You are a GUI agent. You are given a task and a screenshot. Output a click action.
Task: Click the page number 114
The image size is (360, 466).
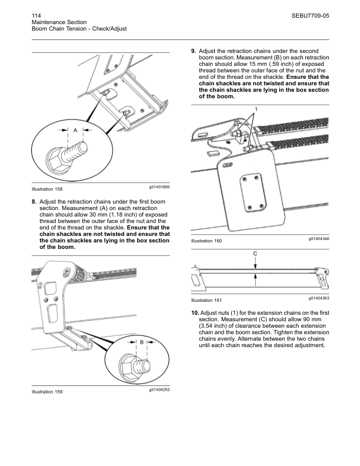click(36, 14)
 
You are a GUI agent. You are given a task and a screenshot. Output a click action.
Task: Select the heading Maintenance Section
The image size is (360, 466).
click(59, 21)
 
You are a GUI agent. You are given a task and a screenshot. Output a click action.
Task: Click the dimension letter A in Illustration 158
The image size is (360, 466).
click(75, 129)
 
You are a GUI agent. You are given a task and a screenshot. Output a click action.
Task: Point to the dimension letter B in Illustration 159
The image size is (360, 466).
click(142, 342)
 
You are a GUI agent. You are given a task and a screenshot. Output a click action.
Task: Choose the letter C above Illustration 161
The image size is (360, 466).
click(255, 253)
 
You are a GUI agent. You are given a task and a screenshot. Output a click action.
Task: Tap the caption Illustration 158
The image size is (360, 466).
click(47, 189)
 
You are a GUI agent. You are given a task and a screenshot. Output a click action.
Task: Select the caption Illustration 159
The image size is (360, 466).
click(47, 392)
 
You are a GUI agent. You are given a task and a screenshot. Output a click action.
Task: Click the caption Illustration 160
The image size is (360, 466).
click(206, 241)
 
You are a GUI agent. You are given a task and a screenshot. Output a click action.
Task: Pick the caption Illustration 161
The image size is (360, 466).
click(206, 300)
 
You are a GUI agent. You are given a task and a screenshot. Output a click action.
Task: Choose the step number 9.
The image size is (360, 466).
click(194, 51)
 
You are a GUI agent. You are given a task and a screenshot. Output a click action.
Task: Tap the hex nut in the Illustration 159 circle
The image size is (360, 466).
click(131, 362)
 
